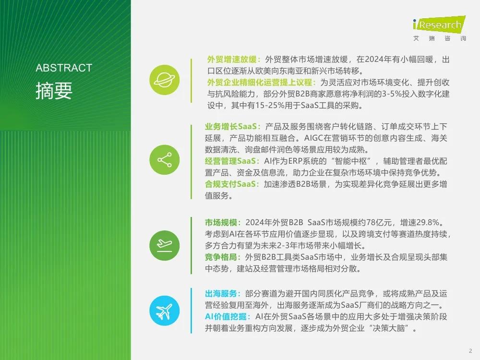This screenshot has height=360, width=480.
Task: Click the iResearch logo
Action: (x=439, y=28)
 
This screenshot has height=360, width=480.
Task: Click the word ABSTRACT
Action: (x=64, y=68)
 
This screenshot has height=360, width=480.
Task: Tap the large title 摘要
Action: (x=54, y=91)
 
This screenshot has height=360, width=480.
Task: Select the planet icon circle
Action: (x=164, y=80)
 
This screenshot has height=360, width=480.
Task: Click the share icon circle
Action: (x=164, y=160)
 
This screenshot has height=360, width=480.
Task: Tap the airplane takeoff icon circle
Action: (x=164, y=245)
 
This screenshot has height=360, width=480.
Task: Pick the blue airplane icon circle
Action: (x=164, y=311)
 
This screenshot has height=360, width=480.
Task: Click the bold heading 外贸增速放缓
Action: (x=232, y=60)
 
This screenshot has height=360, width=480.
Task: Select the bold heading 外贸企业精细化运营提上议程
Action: (x=260, y=83)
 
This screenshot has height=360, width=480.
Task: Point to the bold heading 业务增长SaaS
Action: (x=231, y=126)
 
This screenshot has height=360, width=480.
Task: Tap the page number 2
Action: (x=470, y=351)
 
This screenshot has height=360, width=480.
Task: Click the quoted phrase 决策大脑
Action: (x=389, y=328)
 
